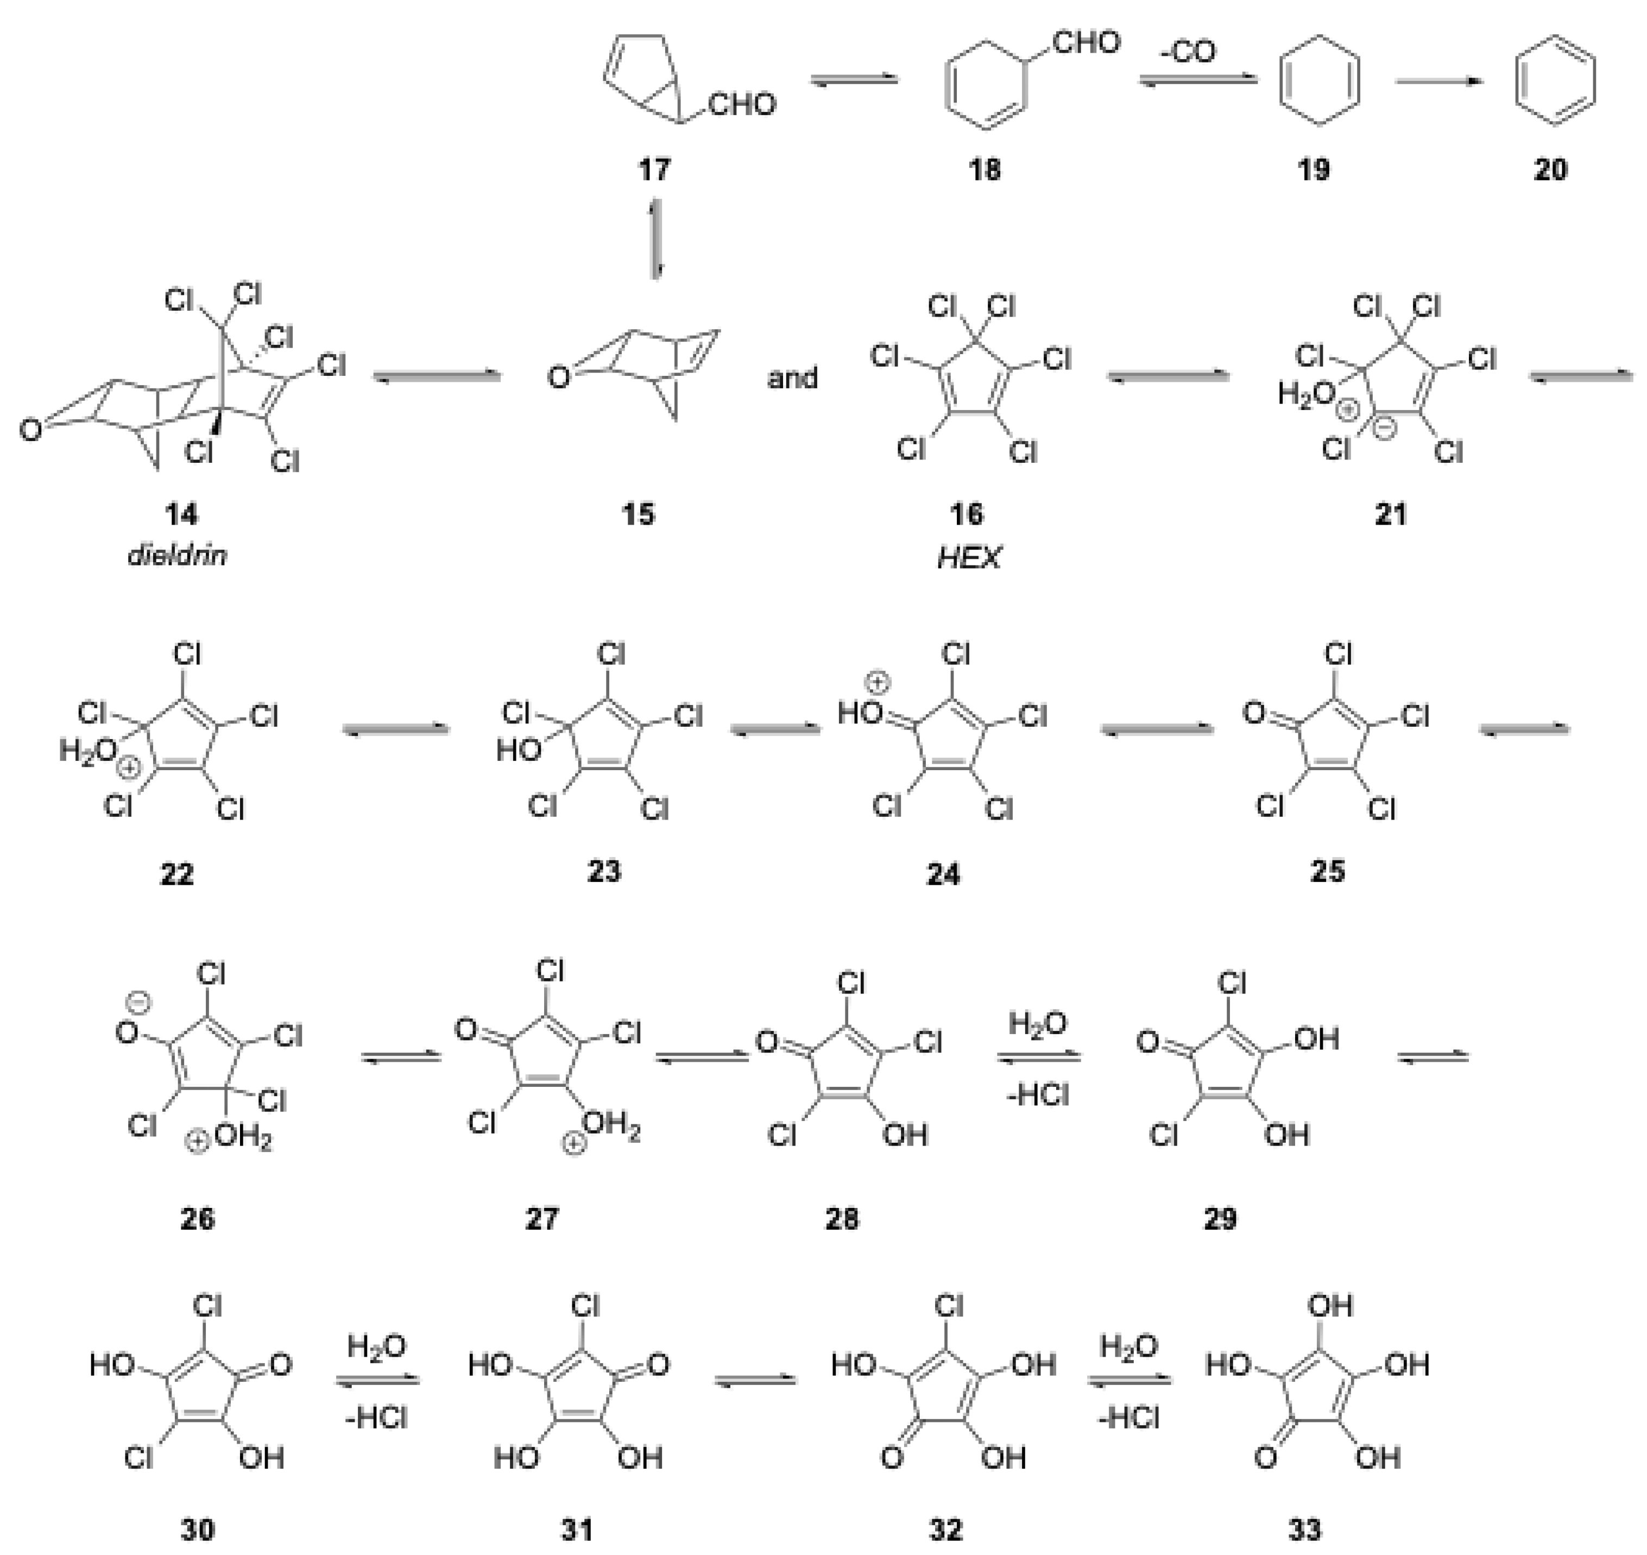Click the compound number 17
pyautogui.click(x=654, y=170)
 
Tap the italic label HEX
pyautogui.click(x=968, y=558)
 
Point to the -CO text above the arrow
pyautogui.click(x=1187, y=52)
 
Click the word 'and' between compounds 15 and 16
pyautogui.click(x=792, y=379)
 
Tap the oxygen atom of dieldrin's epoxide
pyautogui.click(x=30, y=430)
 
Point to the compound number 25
pyautogui.click(x=1327, y=872)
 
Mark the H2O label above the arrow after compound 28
pyautogui.click(x=1037, y=1024)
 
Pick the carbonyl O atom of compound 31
pyautogui.click(x=658, y=1364)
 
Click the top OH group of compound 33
pyautogui.click(x=1329, y=1306)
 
